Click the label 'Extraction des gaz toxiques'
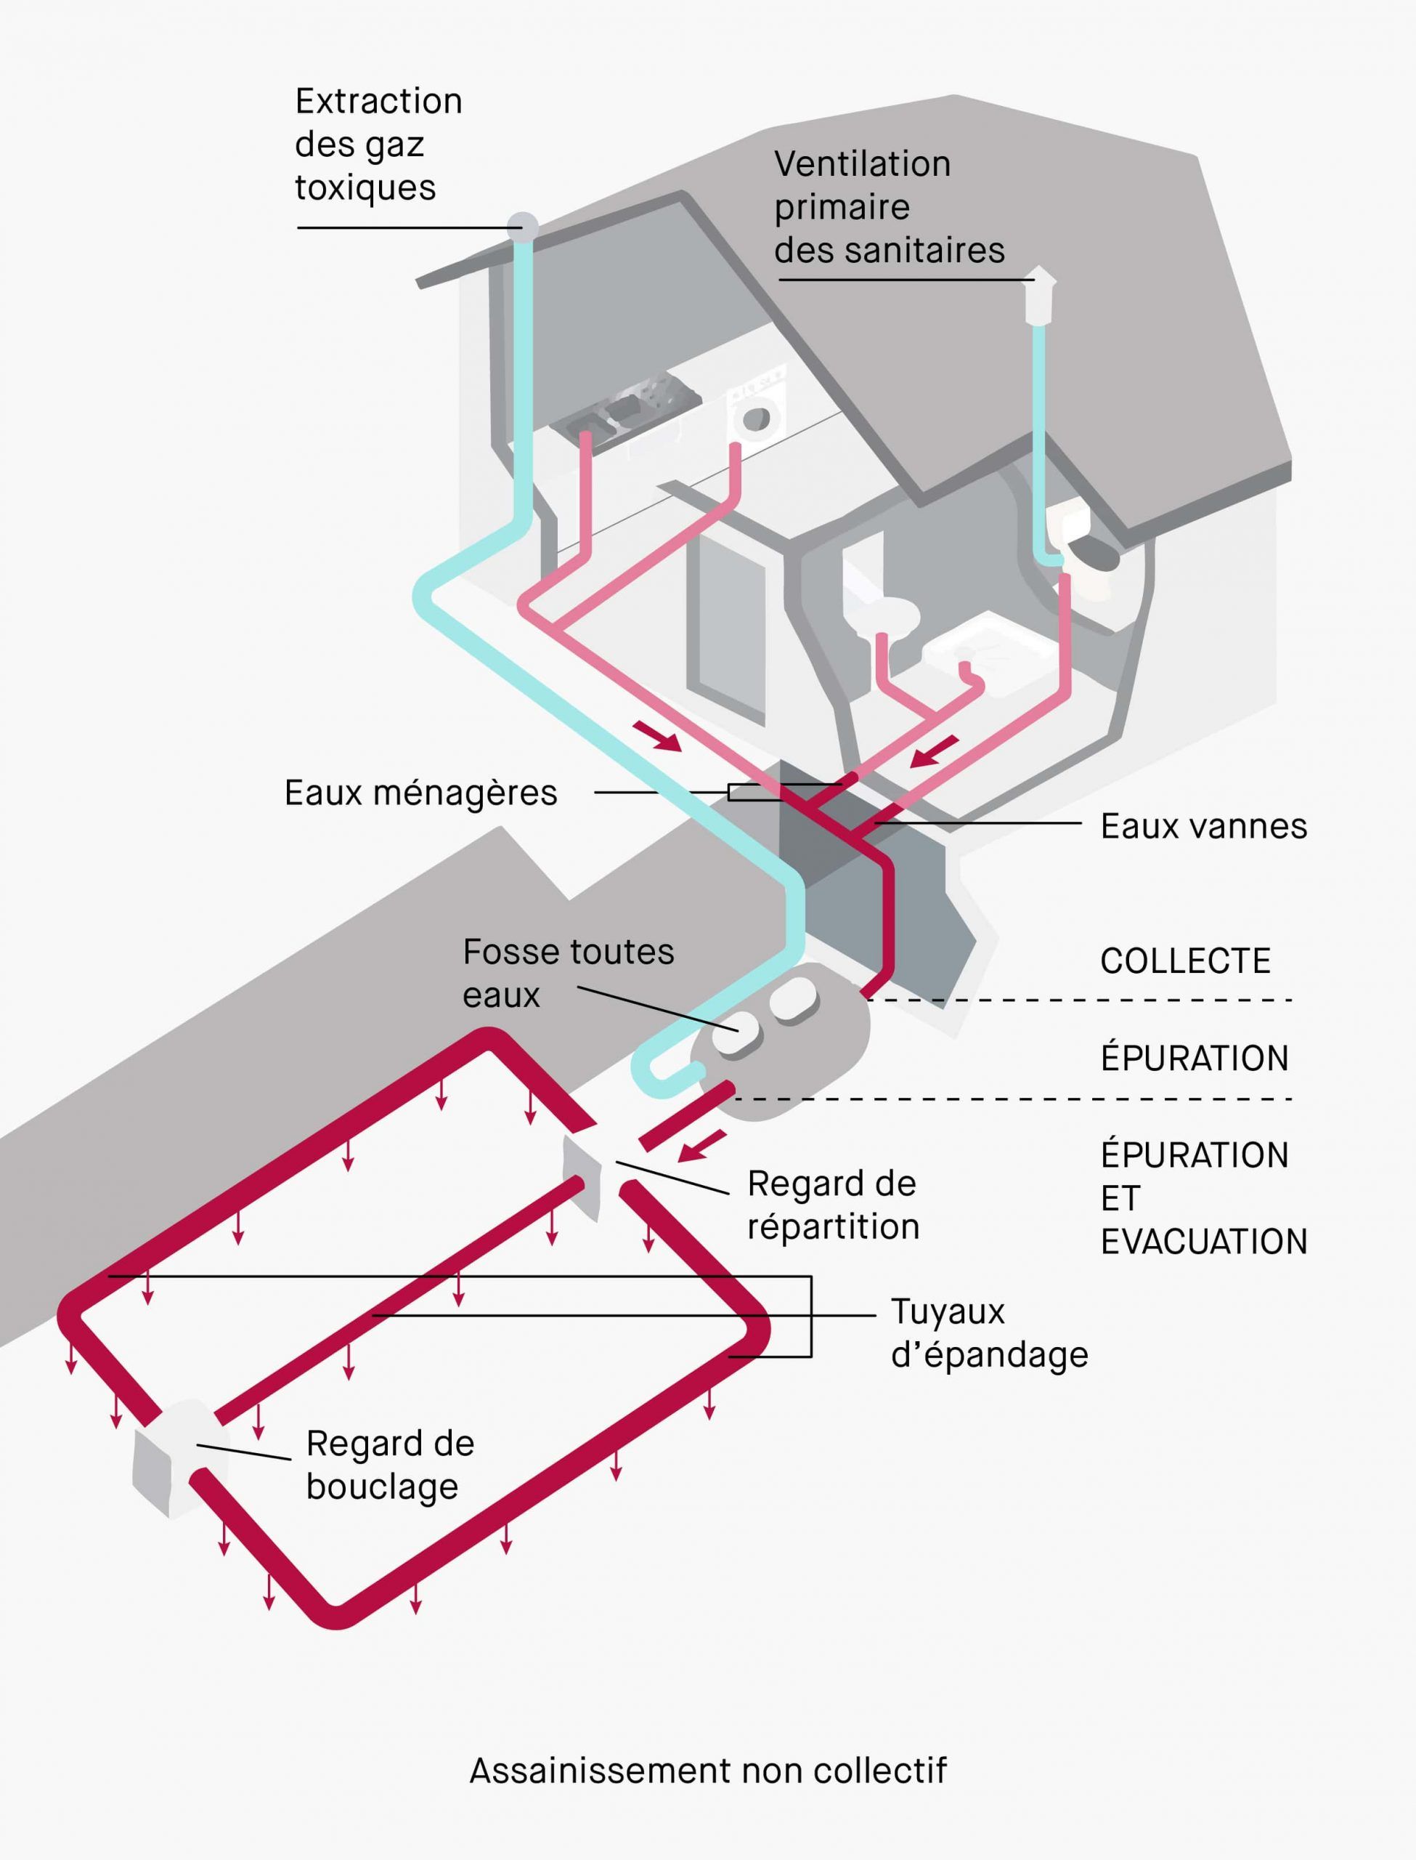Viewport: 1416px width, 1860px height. pos(378,144)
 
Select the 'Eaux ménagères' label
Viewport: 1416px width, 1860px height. pos(420,793)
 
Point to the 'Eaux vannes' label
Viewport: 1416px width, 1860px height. pos(1203,826)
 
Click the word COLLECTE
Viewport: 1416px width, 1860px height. pos(1184,961)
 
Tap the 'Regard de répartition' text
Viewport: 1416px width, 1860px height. pos(832,1205)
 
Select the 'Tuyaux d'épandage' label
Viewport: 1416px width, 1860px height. pos(989,1333)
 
